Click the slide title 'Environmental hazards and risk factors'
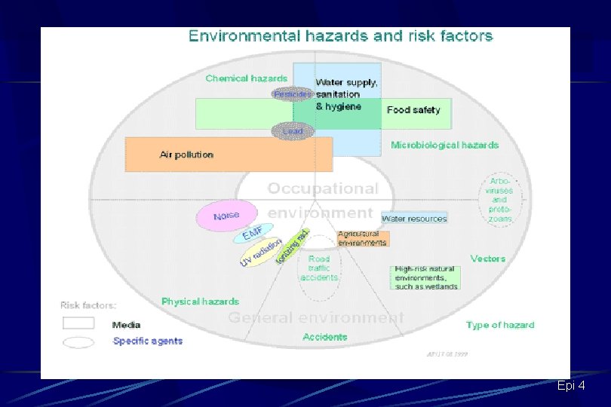[340, 35]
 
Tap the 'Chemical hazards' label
[246, 78]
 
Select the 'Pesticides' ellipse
[291, 94]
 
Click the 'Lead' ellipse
[292, 131]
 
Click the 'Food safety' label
[413, 110]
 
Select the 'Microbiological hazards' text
[444, 145]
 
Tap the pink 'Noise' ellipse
[226, 216]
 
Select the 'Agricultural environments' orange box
[362, 239]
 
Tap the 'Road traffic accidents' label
[319, 268]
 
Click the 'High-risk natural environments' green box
[425, 277]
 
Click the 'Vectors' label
[487, 259]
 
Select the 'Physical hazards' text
[200, 301]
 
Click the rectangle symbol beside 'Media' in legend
[78, 323]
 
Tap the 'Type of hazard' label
[499, 325]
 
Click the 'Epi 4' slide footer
[571, 386]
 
